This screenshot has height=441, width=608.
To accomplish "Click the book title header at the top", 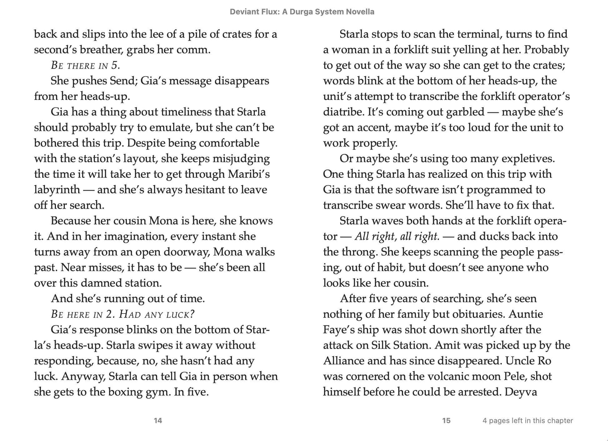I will [x=302, y=12].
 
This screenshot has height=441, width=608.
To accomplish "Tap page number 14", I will [x=158, y=421].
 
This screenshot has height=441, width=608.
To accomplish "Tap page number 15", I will [x=446, y=421].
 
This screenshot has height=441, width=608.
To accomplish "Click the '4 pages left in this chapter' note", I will [x=527, y=421].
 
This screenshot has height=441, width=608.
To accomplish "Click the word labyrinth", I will [x=57, y=190].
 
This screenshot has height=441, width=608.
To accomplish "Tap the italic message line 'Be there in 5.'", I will [x=85, y=66].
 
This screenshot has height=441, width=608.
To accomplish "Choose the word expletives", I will [x=528, y=159].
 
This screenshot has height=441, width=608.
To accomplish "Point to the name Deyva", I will [x=521, y=392].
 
